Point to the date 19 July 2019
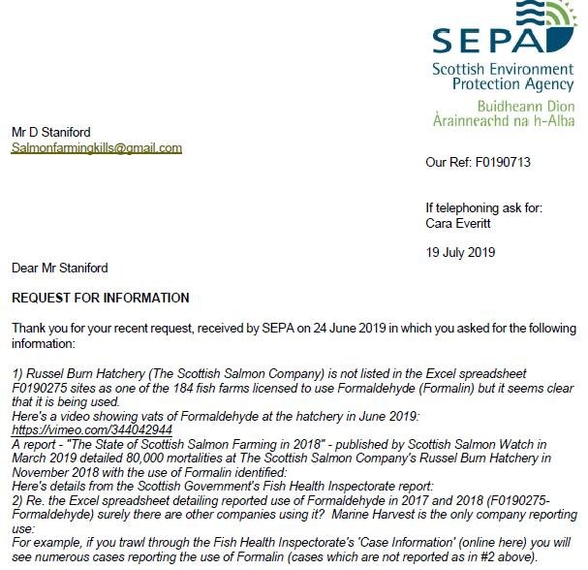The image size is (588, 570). [x=460, y=252]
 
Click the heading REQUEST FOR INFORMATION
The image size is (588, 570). [x=101, y=298]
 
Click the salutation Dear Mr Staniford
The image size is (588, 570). [x=60, y=268]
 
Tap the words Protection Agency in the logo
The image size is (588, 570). [x=504, y=84]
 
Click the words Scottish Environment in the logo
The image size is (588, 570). [x=504, y=70]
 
